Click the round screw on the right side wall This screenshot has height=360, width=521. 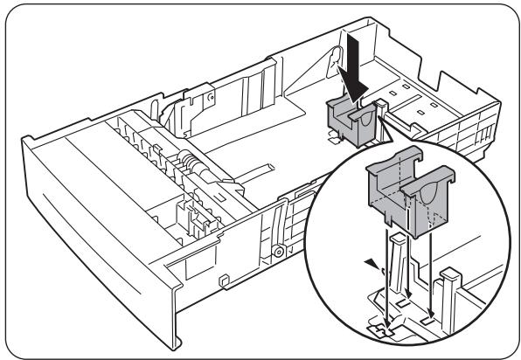278,253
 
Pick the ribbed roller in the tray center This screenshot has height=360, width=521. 184,163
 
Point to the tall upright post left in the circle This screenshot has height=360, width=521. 397,262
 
